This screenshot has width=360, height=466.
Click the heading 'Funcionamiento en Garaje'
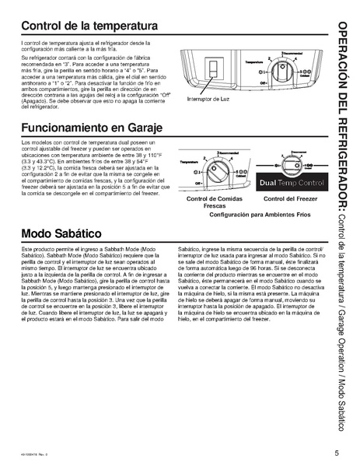coord(95,128)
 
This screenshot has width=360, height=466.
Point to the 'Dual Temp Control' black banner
coord(292,181)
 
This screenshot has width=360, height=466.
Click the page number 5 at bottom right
coord(337,453)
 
